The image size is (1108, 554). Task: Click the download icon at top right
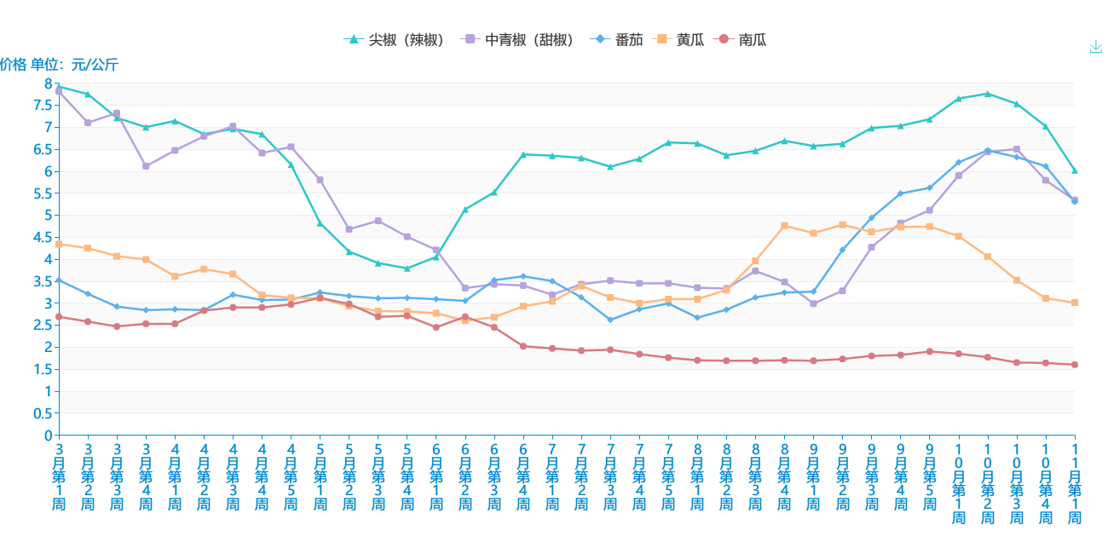(x=1096, y=47)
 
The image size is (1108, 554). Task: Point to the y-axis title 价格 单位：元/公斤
(x=59, y=64)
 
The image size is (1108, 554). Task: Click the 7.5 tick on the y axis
(x=42, y=105)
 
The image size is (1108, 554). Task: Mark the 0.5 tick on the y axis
(x=42, y=413)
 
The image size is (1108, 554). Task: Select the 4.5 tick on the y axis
(x=42, y=237)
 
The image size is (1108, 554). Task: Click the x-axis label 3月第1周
(x=59, y=476)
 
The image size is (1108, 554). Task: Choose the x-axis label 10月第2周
(x=987, y=483)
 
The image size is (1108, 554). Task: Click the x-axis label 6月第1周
(x=436, y=476)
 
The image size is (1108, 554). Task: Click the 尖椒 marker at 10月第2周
(x=987, y=94)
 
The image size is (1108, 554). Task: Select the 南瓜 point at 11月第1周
(x=1075, y=365)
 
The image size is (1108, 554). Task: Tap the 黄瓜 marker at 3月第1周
(x=59, y=245)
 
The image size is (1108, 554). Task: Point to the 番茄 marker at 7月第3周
(x=610, y=320)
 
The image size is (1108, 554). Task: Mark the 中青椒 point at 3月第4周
(x=146, y=166)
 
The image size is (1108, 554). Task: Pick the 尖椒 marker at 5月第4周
(x=407, y=268)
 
